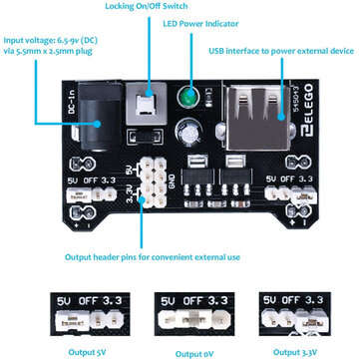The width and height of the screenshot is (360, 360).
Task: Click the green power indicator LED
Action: (184, 98)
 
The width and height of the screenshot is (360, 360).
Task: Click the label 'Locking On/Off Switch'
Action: (146, 6)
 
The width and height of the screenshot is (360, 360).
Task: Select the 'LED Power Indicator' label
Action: (229, 22)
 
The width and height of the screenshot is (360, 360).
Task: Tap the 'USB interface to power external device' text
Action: (282, 50)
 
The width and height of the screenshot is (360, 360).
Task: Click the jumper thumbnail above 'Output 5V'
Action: (72, 309)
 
